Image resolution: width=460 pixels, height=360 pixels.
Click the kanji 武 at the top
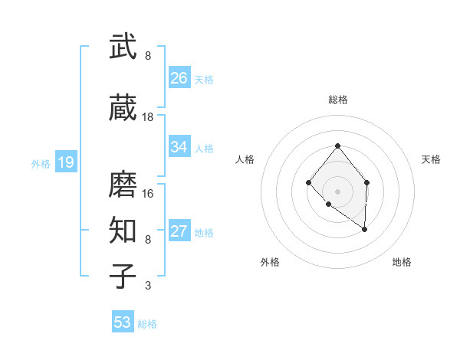point(123,47)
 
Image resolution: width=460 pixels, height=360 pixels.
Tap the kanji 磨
point(123,184)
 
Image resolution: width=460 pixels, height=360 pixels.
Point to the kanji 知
point(123,231)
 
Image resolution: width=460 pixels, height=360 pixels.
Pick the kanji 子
point(123,277)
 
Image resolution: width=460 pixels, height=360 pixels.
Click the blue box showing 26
point(179,78)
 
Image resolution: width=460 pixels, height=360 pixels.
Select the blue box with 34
point(179,147)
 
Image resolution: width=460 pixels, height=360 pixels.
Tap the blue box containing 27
point(179,231)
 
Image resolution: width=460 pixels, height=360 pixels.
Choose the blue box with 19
point(65,162)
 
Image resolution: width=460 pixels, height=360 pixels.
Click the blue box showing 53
point(123,322)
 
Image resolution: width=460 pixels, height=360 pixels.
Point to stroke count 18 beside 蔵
point(148,117)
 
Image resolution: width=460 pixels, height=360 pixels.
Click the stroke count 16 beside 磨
point(148,193)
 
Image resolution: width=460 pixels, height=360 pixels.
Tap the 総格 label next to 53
point(147,324)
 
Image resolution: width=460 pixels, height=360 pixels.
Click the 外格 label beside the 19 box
point(41,163)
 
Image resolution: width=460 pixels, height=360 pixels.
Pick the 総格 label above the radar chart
point(337,100)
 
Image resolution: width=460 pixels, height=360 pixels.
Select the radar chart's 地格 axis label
point(402,262)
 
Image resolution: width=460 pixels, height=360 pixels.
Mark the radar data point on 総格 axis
point(337,146)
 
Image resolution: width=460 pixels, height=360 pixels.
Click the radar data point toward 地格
point(365,229)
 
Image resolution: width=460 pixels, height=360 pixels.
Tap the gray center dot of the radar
point(337,191)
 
